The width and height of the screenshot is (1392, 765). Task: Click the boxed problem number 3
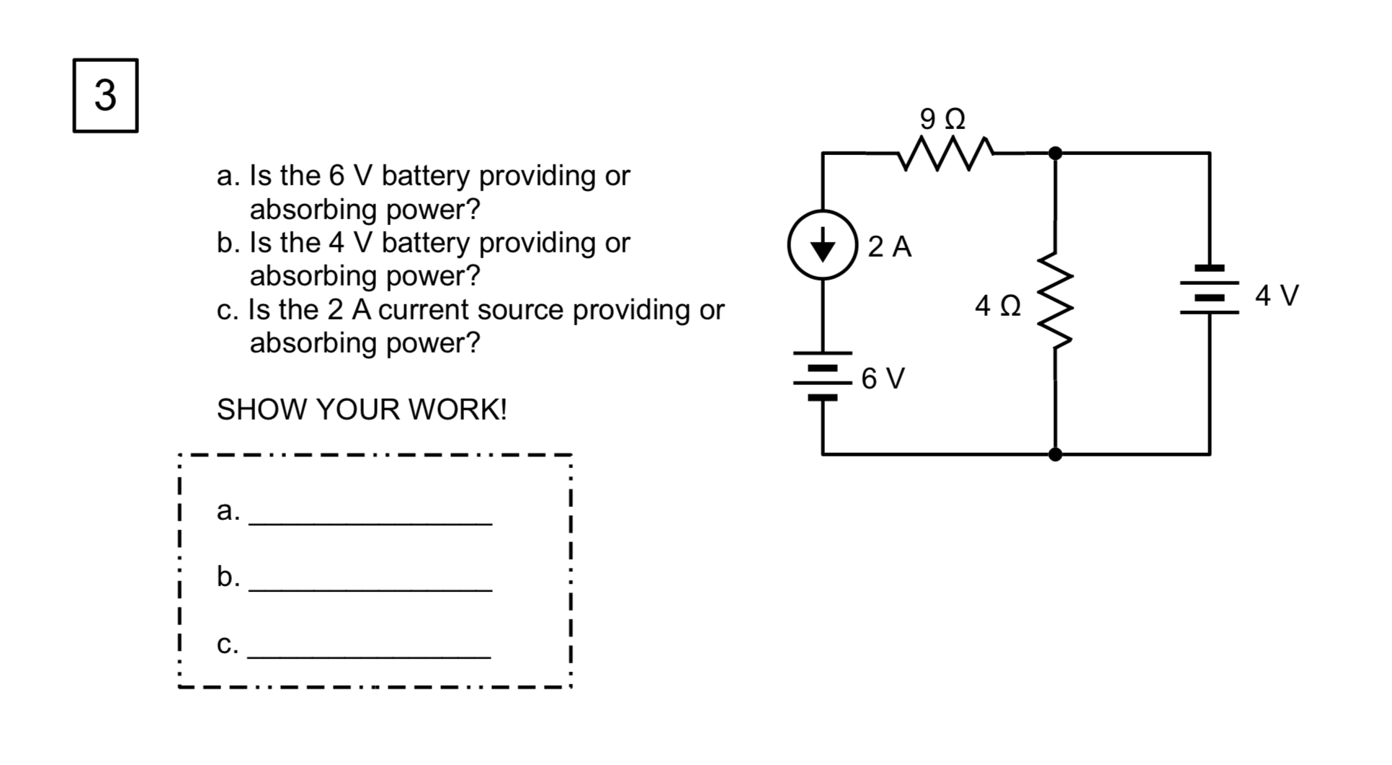coord(105,96)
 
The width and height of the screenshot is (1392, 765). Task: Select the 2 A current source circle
coord(822,245)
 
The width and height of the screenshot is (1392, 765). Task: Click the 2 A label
coord(889,247)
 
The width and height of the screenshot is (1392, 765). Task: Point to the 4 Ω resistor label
coord(998,306)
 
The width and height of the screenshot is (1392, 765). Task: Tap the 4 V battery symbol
coord(1209,290)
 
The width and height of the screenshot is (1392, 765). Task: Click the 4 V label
coord(1277,296)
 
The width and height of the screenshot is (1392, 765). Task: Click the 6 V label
coord(883,379)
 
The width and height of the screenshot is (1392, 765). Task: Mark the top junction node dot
coord(1055,153)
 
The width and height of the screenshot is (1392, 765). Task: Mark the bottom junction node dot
coord(1055,454)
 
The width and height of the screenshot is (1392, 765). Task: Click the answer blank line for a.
coord(370,521)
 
